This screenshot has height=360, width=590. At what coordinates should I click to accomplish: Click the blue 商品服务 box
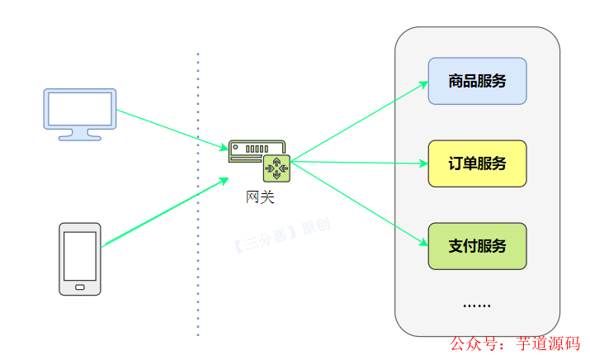tap(477, 81)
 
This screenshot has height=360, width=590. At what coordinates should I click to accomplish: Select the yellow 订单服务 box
tap(477, 163)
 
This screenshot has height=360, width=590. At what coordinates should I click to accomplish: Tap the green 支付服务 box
tap(477, 246)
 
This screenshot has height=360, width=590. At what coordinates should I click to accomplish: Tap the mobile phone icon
tap(80, 258)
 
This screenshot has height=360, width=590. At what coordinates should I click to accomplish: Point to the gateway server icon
tap(257, 159)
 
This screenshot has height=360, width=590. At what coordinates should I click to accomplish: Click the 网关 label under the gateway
tap(259, 197)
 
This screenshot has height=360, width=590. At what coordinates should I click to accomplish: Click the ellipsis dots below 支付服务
tap(477, 306)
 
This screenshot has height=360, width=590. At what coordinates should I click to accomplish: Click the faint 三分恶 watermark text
tap(281, 235)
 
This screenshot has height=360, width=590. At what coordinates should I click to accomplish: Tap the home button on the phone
tap(80, 287)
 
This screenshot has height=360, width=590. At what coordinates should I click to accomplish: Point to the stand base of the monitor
tap(80, 137)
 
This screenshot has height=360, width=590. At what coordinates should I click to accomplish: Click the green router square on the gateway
tap(276, 168)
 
